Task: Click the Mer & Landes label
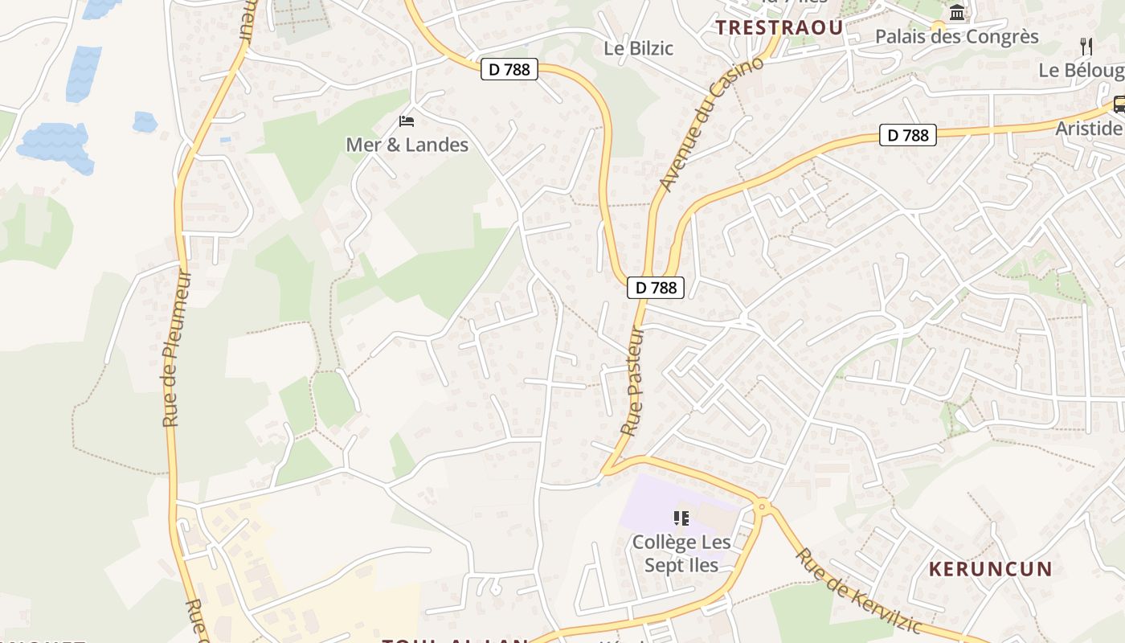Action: tap(407, 145)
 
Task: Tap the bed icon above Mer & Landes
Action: tap(407, 121)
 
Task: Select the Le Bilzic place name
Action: tap(638, 48)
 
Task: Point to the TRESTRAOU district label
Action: tap(779, 28)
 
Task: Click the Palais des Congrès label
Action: tap(956, 37)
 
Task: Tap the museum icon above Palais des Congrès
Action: tap(957, 12)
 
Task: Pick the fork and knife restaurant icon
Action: tap(1086, 46)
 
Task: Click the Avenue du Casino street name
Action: tap(710, 125)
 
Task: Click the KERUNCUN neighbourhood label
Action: tap(990, 569)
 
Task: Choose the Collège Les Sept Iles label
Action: tap(681, 553)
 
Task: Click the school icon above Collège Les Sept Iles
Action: tap(681, 518)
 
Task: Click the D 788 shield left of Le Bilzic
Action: tap(509, 69)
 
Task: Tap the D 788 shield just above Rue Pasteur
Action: tap(656, 287)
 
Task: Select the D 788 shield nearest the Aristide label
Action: tap(909, 135)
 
